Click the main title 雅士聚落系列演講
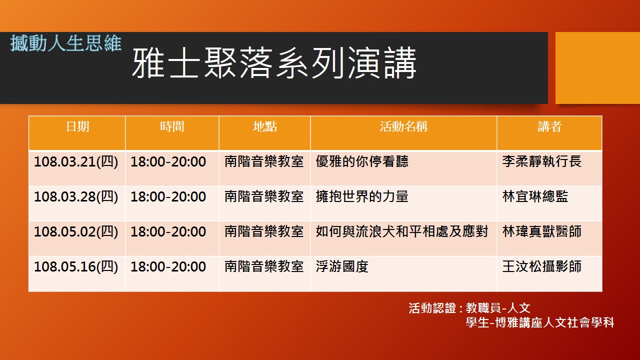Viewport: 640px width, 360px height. [x=273, y=63]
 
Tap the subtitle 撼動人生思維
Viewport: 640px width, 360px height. [x=66, y=43]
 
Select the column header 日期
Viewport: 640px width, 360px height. [x=77, y=126]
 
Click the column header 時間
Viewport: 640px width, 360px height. [x=172, y=126]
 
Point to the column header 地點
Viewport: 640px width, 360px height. [x=265, y=126]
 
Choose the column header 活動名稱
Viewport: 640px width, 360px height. [x=403, y=126]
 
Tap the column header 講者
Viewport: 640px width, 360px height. [x=549, y=126]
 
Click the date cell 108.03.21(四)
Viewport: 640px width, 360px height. [x=76, y=161]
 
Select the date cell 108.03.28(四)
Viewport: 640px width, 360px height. [x=76, y=197]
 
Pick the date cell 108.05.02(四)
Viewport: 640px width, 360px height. [x=76, y=231]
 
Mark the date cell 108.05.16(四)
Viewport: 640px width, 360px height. [x=76, y=267]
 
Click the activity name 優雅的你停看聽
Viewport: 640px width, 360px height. [x=362, y=161]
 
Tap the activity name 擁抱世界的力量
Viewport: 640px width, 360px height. [x=362, y=196]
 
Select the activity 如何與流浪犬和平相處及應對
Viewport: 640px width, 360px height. [x=401, y=231]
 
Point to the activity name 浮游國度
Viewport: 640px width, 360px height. [x=342, y=266]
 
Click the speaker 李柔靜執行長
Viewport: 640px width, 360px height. [x=541, y=161]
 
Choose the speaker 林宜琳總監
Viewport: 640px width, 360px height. [x=535, y=196]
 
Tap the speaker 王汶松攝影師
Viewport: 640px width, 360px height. [x=541, y=266]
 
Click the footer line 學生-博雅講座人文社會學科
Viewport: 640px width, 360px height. [x=540, y=322]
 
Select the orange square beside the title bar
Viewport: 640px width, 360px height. [x=597, y=68]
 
